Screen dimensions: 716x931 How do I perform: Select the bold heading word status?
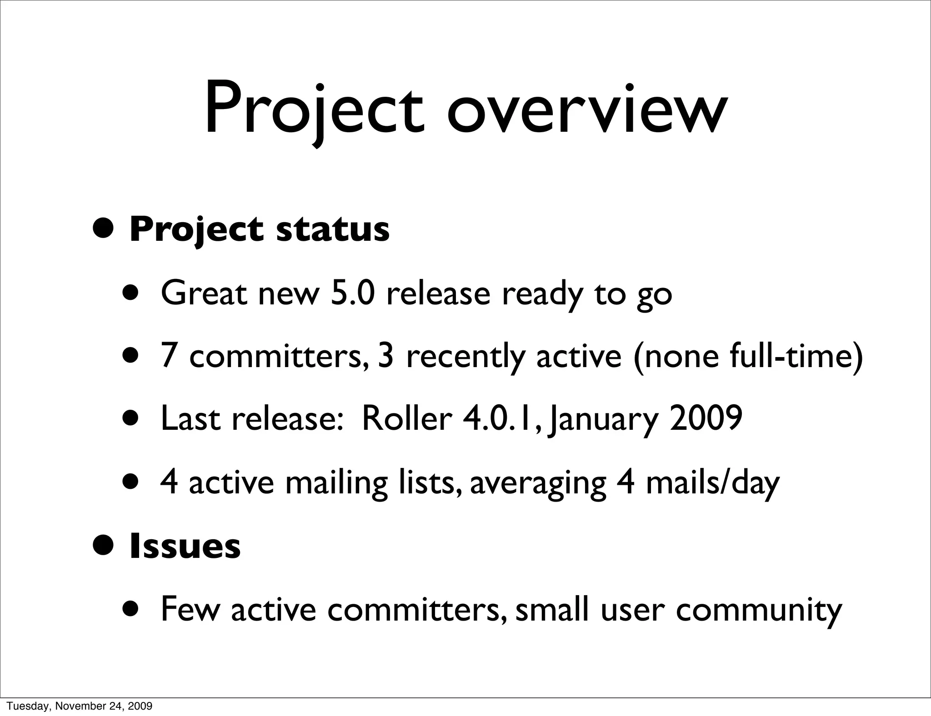[332, 229]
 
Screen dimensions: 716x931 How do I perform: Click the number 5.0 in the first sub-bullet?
[353, 293]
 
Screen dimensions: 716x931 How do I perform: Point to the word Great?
[204, 293]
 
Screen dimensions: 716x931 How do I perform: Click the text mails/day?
[712, 482]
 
